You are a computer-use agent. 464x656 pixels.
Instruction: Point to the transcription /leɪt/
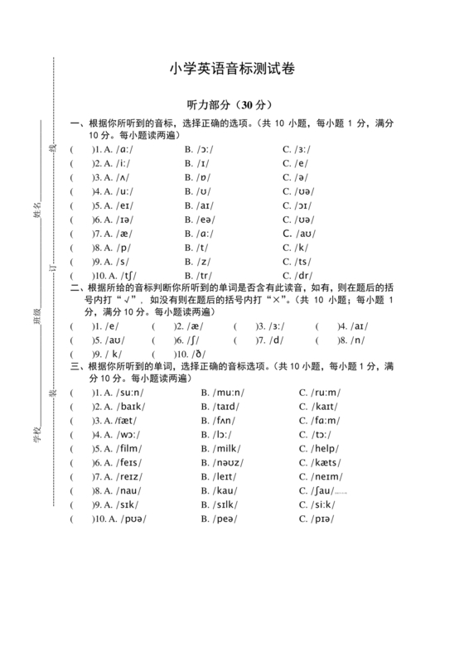(224, 477)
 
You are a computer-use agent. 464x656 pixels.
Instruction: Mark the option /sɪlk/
(225, 505)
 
